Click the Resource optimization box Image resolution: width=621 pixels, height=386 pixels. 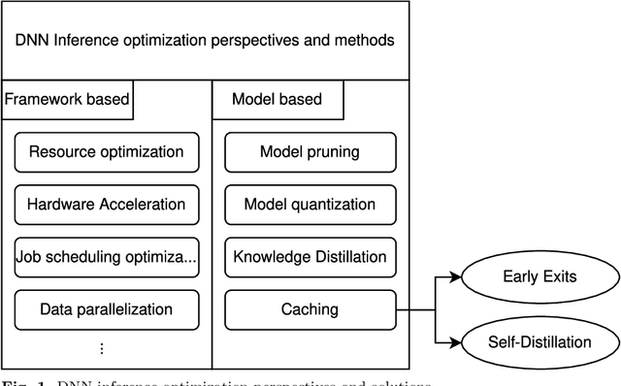[107, 152]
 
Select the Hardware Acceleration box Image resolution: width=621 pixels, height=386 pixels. [107, 205]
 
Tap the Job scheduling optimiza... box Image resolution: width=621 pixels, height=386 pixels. [107, 257]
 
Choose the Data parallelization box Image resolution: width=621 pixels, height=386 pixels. [107, 309]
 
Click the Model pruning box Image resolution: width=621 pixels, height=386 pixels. [310, 152]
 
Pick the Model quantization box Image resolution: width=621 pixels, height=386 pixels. [310, 205]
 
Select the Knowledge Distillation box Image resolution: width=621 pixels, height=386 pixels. [310, 257]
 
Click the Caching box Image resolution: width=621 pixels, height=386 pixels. [310, 309]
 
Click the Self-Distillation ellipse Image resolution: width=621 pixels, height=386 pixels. [539, 341]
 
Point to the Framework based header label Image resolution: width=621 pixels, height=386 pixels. [67, 99]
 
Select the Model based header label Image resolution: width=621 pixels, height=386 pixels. [277, 99]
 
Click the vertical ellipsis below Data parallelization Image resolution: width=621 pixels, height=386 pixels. [102, 348]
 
